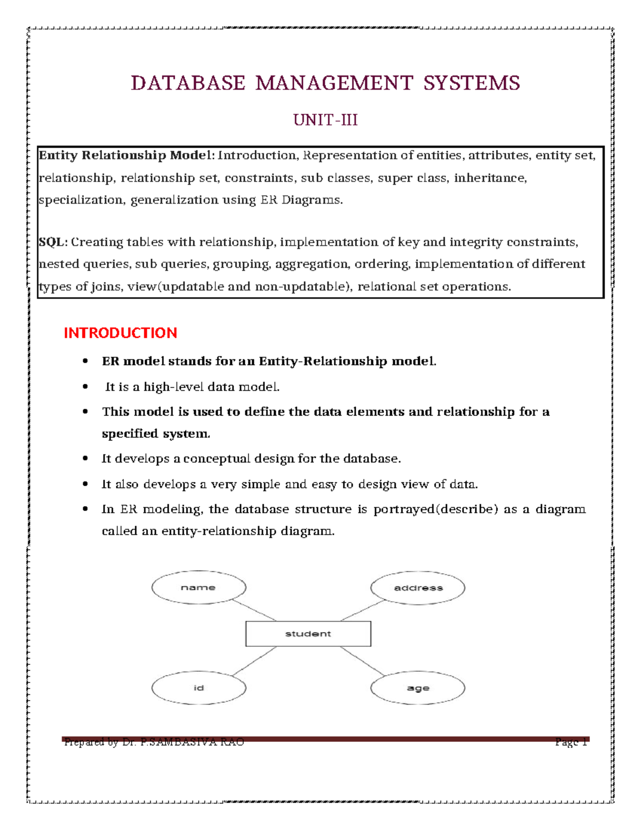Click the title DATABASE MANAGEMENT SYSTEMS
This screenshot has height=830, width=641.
coord(325,83)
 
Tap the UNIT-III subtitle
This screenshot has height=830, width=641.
coord(325,120)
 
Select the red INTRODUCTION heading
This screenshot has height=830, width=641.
coord(120,333)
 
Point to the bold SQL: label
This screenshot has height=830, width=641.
coord(53,242)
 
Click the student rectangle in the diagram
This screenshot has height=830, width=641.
coord(308,634)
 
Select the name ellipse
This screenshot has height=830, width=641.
coord(198,587)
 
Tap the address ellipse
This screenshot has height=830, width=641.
coord(418,588)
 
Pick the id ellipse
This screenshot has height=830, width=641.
coord(198,688)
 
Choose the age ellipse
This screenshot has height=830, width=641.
coord(418,688)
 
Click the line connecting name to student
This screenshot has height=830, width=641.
coord(254,610)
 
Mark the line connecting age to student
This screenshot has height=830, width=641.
coord(362,661)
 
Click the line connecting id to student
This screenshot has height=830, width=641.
coord(255,661)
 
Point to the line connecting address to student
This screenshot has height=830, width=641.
coord(362,610)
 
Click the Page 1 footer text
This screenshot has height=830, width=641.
coord(571,742)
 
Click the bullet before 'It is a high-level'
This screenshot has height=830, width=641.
coord(85,386)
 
